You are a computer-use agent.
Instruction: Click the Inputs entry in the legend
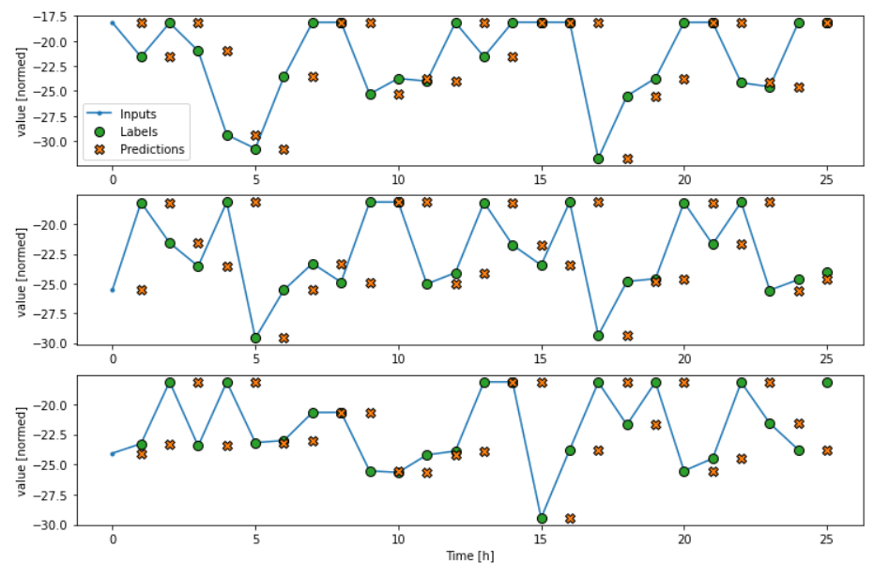138,114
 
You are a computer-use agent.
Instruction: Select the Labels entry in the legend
139,131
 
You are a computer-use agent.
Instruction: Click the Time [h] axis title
469,555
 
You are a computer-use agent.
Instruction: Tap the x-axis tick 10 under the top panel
398,178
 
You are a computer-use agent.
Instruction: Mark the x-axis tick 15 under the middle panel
542,358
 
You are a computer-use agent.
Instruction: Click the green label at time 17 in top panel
598,159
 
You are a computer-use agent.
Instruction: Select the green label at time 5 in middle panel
255,338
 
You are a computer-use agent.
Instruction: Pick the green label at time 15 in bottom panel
542,518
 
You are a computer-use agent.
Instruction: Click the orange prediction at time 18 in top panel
627,159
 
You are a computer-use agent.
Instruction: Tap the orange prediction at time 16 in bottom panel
570,518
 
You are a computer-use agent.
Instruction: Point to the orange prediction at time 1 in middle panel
142,290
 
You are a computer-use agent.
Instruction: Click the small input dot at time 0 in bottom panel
113,453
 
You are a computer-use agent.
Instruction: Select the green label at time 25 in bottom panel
827,383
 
